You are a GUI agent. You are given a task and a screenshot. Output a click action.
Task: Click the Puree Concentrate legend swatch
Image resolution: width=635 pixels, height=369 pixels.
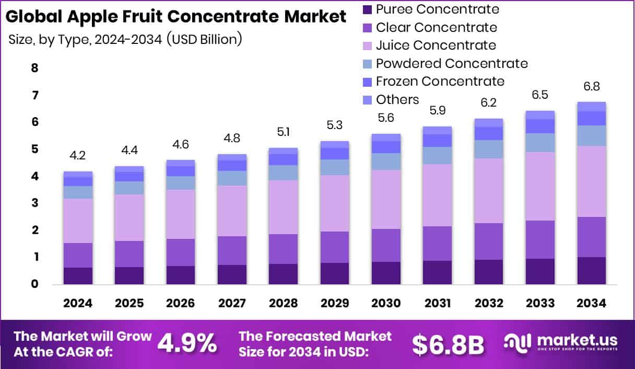click(367, 9)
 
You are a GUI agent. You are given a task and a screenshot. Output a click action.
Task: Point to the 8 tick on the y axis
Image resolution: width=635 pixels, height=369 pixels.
click(34, 68)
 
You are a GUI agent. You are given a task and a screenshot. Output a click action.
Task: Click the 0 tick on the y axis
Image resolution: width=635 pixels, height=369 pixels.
click(34, 284)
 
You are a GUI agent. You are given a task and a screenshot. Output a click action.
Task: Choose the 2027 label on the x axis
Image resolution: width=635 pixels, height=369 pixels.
click(231, 304)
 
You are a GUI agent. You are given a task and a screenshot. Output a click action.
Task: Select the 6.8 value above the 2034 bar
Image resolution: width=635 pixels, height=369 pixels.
click(592, 86)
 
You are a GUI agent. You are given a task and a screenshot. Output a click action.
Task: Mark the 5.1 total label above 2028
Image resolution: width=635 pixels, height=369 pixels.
click(283, 132)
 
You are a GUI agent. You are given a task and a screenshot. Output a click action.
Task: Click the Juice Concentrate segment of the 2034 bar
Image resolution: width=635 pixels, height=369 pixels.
click(592, 181)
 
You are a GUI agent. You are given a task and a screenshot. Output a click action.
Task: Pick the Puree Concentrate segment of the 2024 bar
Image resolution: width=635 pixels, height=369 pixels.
click(78, 276)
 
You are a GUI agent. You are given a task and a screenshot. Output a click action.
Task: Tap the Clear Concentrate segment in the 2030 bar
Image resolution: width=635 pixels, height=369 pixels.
click(386, 245)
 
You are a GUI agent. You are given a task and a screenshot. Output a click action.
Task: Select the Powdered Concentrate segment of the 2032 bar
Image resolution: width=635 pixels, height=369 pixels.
click(489, 149)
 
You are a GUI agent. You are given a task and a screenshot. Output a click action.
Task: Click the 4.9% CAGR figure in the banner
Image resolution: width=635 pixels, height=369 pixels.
click(187, 343)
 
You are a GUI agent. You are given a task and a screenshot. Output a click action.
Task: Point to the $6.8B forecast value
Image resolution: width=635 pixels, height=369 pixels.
click(448, 344)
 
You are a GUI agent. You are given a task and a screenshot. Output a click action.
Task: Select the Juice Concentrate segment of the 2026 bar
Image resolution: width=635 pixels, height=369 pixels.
click(180, 214)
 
